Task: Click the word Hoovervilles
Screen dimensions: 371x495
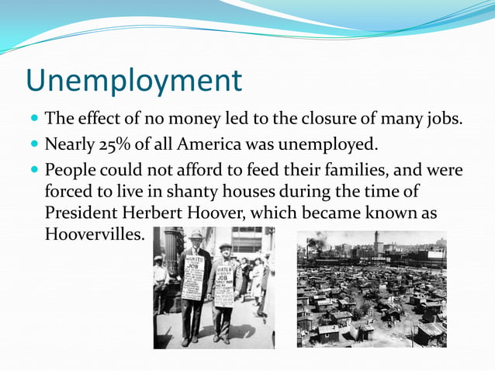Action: (94, 234)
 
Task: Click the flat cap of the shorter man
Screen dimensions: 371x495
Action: (225, 246)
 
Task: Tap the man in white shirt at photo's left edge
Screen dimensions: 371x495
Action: (161, 279)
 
